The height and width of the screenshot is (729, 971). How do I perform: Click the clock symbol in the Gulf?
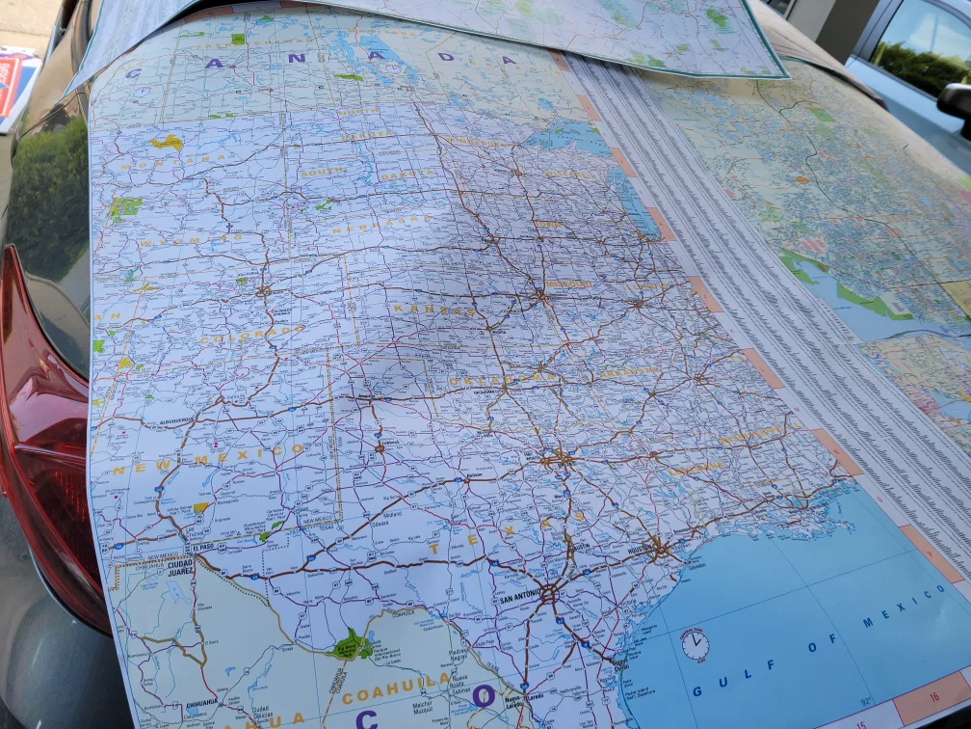695,644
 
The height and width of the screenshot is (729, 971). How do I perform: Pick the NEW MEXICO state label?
207,458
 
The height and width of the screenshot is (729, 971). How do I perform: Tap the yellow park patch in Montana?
167,143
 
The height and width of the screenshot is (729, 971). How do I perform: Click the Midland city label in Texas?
390,515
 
